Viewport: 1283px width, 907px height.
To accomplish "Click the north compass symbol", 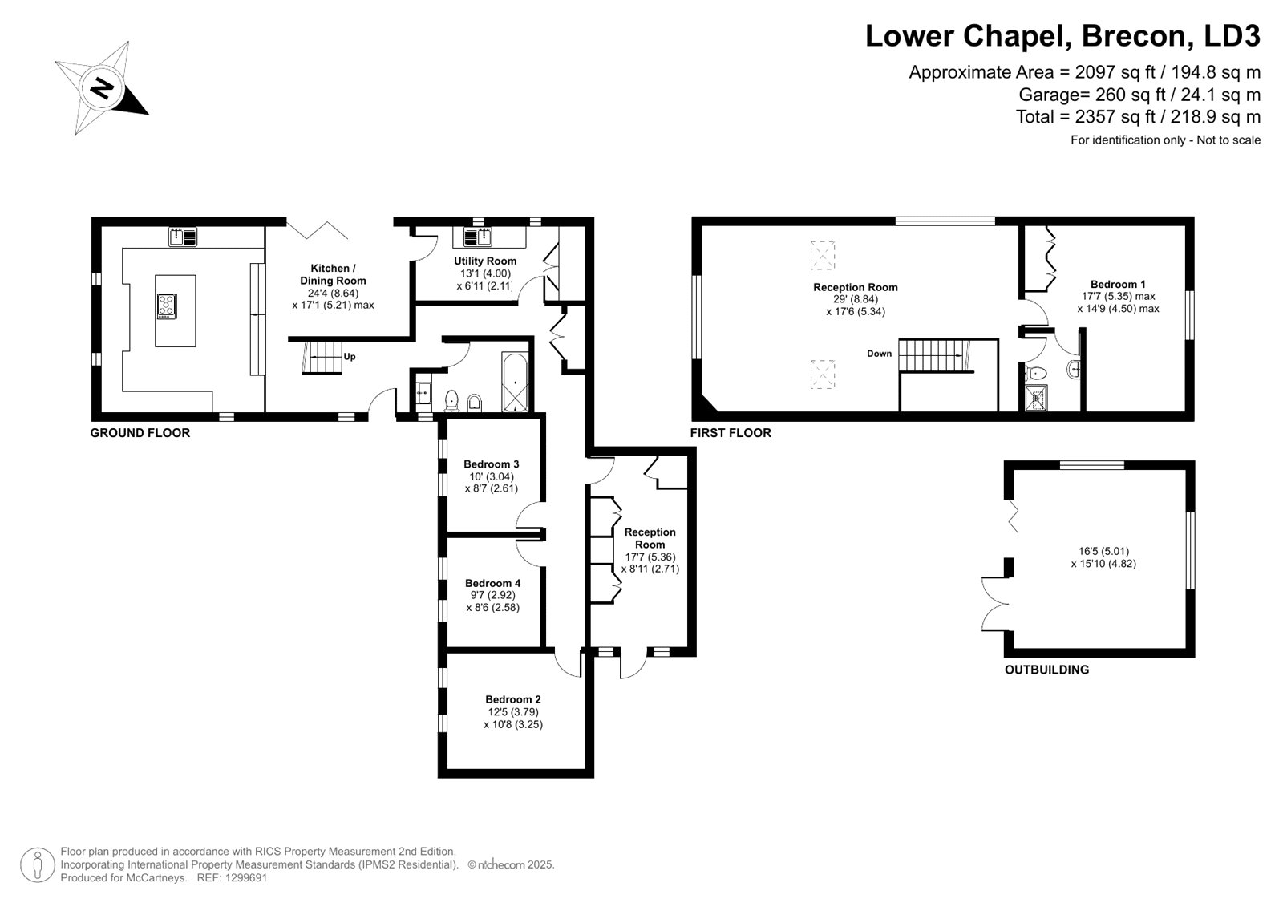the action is point(102,88).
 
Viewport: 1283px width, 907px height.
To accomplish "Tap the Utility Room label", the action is point(485,261).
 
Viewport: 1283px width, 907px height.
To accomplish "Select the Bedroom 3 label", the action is point(492,464).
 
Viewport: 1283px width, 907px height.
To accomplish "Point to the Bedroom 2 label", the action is point(513,699).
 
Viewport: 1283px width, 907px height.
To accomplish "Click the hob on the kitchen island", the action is point(167,306).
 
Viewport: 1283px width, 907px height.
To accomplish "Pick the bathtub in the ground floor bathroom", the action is point(514,383).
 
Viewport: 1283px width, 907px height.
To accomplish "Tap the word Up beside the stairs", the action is point(350,356).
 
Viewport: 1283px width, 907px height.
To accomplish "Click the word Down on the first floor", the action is point(879,354).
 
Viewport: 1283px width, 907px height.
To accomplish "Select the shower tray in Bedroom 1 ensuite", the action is point(1036,399).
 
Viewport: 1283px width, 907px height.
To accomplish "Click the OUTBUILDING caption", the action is point(1047,670).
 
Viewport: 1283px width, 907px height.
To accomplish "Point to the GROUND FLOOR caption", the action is point(140,433).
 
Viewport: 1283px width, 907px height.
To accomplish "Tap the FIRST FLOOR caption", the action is point(731,433).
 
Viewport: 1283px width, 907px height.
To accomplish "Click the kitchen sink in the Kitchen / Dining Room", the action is point(183,237).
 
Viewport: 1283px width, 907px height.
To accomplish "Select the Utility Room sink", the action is point(478,237).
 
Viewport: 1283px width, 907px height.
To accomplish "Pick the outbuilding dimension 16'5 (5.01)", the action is point(1103,551).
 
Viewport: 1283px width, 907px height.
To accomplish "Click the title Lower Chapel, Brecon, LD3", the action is point(1062,35).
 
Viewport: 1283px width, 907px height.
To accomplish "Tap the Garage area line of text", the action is point(1139,95).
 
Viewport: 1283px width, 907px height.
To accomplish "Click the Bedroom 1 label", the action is point(1118,284).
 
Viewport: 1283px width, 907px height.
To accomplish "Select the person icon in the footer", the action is point(38,865).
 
